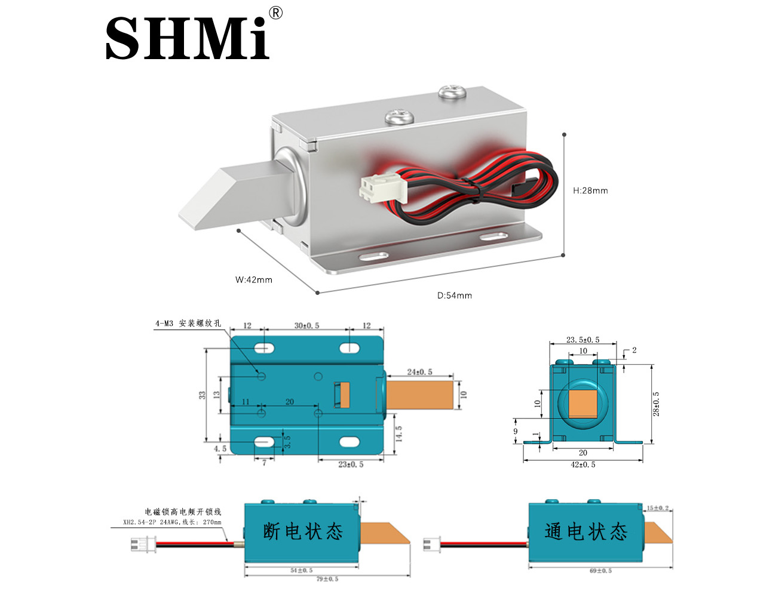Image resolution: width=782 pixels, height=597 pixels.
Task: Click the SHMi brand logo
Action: click(187, 38)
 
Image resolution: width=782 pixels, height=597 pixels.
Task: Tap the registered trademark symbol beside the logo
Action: click(275, 13)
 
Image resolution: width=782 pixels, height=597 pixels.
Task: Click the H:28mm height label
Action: click(590, 190)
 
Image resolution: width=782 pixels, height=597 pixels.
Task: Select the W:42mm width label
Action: click(254, 279)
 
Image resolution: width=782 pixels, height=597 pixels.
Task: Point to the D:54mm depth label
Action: click(455, 296)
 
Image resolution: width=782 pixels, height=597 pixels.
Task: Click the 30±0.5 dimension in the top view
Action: click(306, 326)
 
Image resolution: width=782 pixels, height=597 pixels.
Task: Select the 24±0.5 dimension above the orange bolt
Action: click(419, 372)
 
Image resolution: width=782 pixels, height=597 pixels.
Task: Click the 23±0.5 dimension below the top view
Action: click(351, 464)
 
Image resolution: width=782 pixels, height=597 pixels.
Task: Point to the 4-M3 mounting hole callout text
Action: click(188, 324)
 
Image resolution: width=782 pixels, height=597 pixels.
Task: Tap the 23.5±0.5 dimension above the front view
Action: click(582, 340)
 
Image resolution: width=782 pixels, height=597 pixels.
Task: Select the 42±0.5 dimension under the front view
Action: click(582, 464)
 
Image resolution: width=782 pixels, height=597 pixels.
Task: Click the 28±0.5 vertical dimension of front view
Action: click(657, 404)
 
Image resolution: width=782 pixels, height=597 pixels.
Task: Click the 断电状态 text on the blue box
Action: click(303, 531)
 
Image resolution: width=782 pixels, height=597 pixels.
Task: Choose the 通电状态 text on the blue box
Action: click(586, 531)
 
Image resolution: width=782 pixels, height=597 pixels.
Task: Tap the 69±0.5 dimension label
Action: click(600, 571)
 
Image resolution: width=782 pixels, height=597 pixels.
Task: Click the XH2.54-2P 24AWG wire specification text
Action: click(172, 522)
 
